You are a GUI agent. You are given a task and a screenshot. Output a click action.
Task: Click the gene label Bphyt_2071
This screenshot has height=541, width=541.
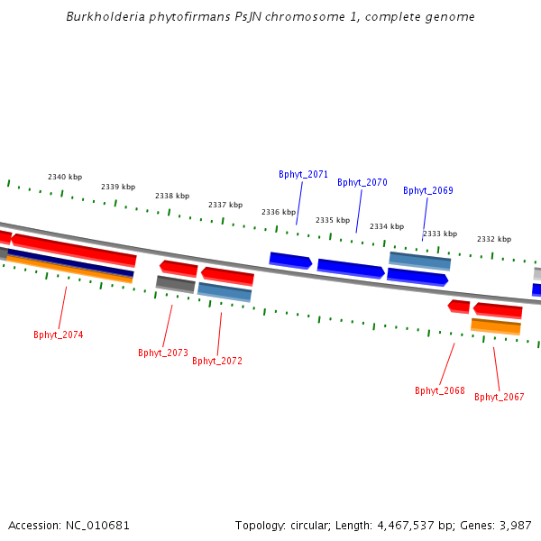[x=303, y=174]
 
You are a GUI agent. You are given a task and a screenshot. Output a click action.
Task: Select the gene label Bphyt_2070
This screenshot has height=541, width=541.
[x=362, y=182]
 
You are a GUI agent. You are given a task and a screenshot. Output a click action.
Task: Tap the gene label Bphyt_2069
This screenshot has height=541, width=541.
[x=428, y=190]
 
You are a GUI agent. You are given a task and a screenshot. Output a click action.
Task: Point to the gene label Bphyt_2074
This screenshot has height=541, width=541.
[x=59, y=335]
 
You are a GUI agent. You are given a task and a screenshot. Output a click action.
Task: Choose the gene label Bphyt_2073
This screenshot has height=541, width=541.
[x=163, y=353]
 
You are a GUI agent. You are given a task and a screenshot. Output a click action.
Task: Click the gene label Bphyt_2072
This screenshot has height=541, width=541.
[x=217, y=361]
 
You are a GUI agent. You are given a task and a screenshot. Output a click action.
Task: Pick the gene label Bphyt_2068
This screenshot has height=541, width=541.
[x=440, y=390]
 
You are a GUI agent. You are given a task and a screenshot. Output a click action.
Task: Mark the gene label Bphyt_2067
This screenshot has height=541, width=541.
[x=500, y=397]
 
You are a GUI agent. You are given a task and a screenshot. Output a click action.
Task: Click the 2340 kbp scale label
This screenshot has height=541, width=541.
[x=65, y=177]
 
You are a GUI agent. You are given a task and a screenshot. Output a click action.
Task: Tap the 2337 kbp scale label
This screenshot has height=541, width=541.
[x=225, y=205]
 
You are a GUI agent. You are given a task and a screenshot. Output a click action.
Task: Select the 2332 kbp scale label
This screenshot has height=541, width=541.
[x=494, y=239]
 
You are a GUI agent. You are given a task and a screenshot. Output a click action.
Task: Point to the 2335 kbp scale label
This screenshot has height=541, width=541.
[x=333, y=220]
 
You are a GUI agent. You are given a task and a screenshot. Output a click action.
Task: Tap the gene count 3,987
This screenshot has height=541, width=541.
[x=514, y=525]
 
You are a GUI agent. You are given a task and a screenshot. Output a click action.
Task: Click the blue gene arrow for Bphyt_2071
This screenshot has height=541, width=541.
[x=290, y=261]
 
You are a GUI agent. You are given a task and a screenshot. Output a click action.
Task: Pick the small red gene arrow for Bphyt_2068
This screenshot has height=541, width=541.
[x=459, y=307]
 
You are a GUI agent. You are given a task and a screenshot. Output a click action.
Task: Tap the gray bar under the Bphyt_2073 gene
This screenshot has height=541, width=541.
[x=176, y=284]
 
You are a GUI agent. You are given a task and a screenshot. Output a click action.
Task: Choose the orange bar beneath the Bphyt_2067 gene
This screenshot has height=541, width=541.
[x=496, y=326]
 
